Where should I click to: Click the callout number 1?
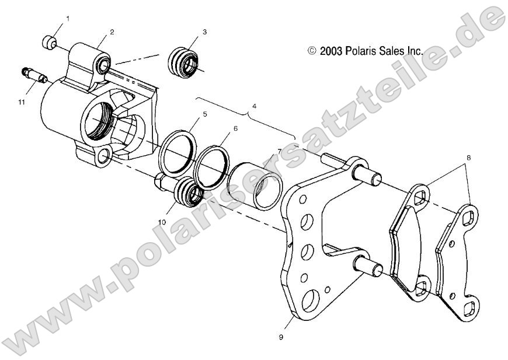[x=67, y=19]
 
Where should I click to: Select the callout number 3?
[x=204, y=32]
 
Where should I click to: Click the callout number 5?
[x=204, y=115]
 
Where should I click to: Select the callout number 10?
[x=161, y=222]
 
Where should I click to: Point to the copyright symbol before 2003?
[x=312, y=51]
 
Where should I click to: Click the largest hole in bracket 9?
[x=311, y=299]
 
